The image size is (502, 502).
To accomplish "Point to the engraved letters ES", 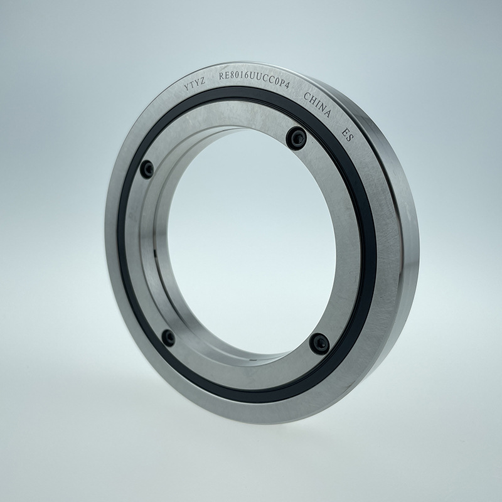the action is click(348, 135).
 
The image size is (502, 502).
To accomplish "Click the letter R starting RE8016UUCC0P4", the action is click(222, 77).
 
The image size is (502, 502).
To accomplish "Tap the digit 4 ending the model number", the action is click(287, 85).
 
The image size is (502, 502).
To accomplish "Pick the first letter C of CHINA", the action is click(306, 96).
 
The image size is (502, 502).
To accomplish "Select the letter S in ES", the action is click(350, 138).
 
